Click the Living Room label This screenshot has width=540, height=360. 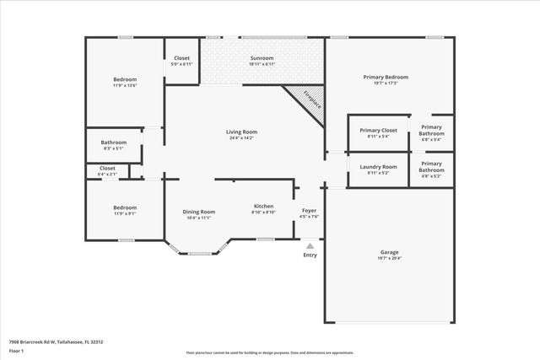click(x=241, y=135)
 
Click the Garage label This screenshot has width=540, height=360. click(x=389, y=255)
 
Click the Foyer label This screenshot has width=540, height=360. click(x=310, y=212)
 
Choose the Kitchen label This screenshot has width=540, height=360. click(x=264, y=209)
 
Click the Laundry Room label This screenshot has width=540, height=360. click(x=378, y=169)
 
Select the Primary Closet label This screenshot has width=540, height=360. click(x=378, y=133)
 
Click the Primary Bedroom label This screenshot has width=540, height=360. click(x=386, y=79)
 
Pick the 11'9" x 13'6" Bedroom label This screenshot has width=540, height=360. click(x=124, y=82)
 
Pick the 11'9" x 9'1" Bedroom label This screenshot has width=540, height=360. click(x=124, y=210)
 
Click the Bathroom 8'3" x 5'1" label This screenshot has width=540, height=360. click(x=114, y=145)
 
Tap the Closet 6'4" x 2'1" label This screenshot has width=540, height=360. click(x=107, y=170)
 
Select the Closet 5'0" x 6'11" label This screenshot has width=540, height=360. click(x=181, y=61)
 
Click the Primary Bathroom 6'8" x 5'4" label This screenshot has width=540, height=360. click(x=431, y=133)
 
